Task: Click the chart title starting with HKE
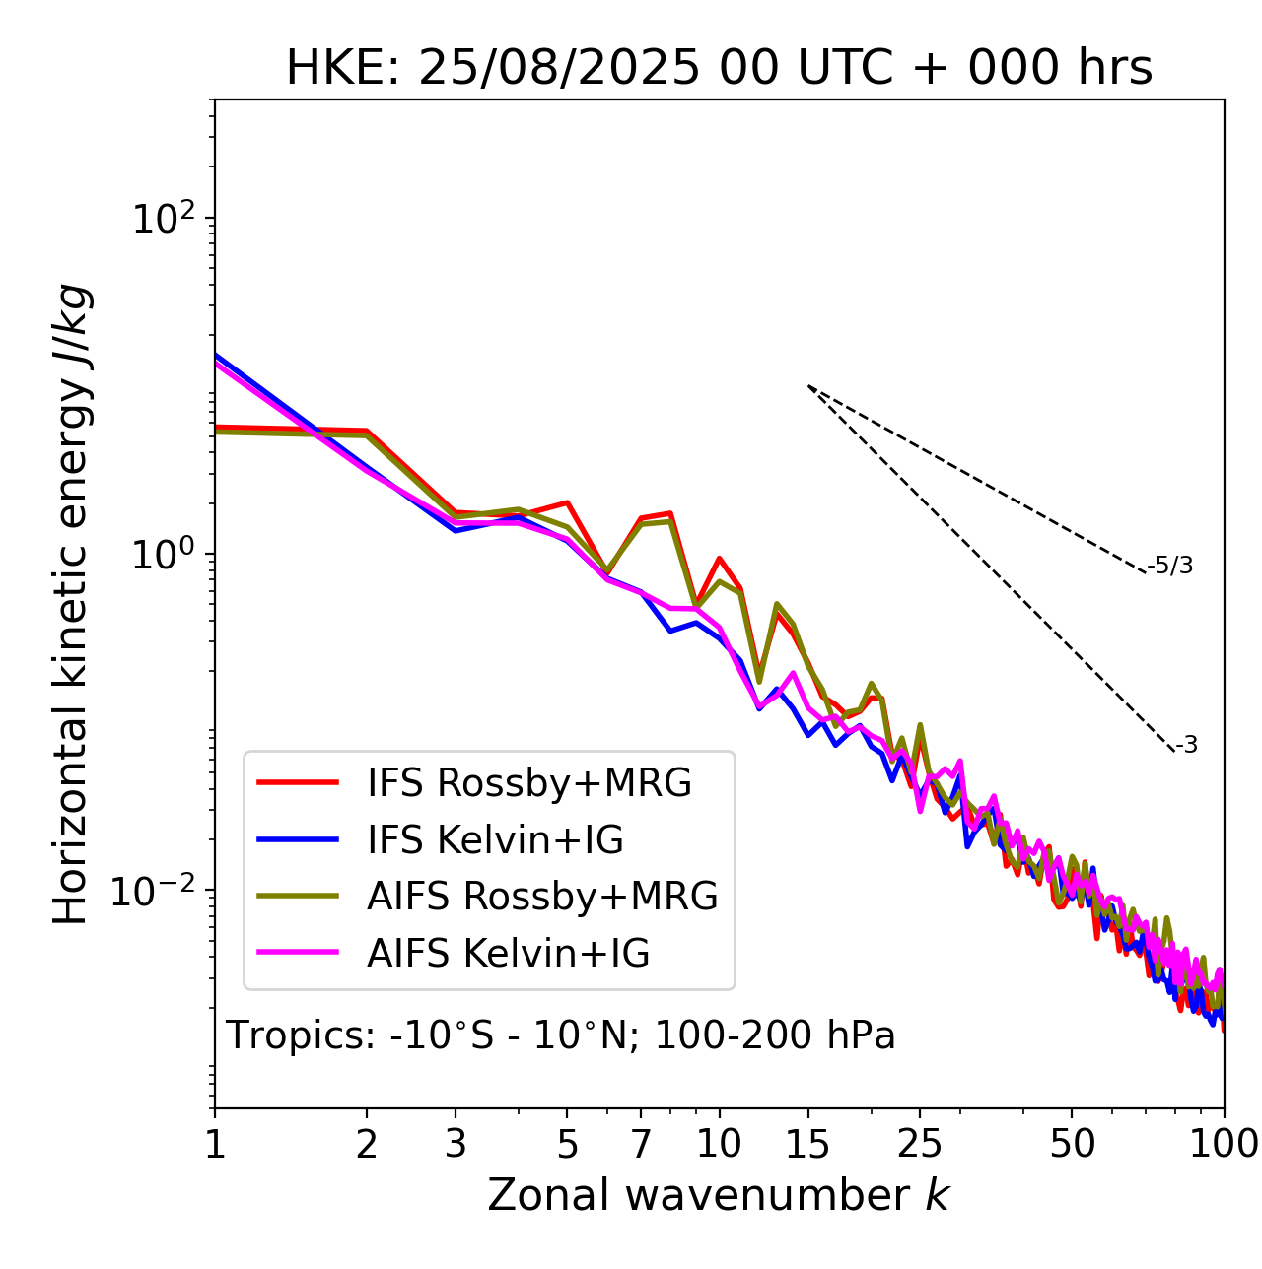click(x=719, y=69)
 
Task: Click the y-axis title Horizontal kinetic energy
click(x=72, y=604)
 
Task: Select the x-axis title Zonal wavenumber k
click(x=718, y=1195)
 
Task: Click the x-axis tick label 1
click(x=215, y=1144)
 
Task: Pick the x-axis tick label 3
click(x=456, y=1144)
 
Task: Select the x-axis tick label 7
click(x=641, y=1144)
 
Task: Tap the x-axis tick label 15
click(x=807, y=1144)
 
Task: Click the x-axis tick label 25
click(x=920, y=1144)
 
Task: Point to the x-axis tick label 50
click(x=1072, y=1144)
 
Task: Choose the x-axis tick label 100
click(x=1224, y=1144)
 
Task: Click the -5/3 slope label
click(x=1170, y=567)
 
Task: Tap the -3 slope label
click(x=1186, y=746)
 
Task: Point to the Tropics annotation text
click(x=560, y=1036)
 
